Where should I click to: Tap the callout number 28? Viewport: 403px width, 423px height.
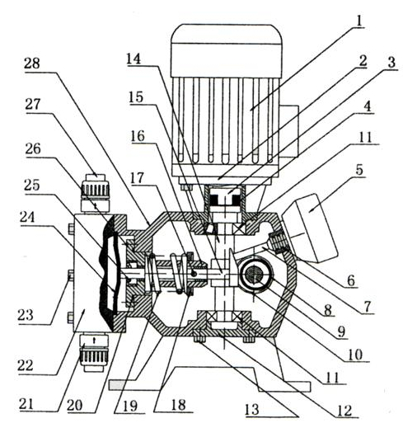[32, 63]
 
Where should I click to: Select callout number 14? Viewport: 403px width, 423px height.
[134, 59]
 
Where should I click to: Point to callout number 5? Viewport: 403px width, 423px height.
[359, 170]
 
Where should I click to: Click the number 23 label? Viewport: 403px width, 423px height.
[26, 315]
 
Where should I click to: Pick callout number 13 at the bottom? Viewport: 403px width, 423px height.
[251, 409]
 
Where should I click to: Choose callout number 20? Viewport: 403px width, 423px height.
[75, 406]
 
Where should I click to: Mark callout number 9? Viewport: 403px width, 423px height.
[341, 332]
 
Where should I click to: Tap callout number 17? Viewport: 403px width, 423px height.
[137, 178]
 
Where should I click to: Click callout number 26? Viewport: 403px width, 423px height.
[33, 149]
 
